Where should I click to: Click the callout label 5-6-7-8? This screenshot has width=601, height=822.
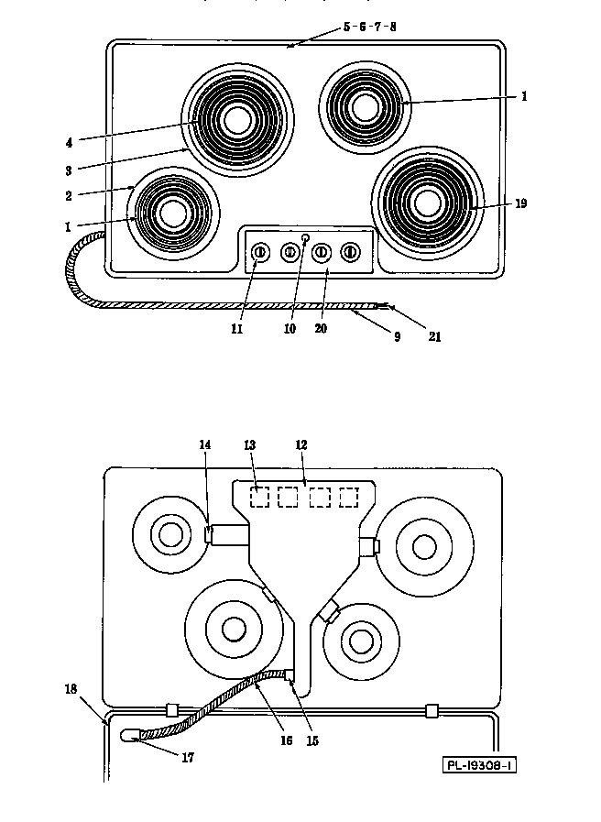tap(369, 27)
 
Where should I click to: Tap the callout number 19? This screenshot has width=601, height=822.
tap(521, 203)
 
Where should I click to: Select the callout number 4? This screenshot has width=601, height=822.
tap(70, 141)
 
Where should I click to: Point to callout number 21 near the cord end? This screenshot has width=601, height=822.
tap(435, 336)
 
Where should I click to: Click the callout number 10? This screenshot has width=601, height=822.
tap(290, 329)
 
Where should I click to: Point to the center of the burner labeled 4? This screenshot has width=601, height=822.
tap(237, 120)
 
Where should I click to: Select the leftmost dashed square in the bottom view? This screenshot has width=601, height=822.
tap(261, 497)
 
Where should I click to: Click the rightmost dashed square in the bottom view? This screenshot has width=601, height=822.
tap(349, 497)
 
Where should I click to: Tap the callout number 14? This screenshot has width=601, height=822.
tap(204, 444)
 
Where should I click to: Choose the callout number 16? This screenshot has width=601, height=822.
tap(286, 740)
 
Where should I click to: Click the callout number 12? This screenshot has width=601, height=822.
tap(300, 444)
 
